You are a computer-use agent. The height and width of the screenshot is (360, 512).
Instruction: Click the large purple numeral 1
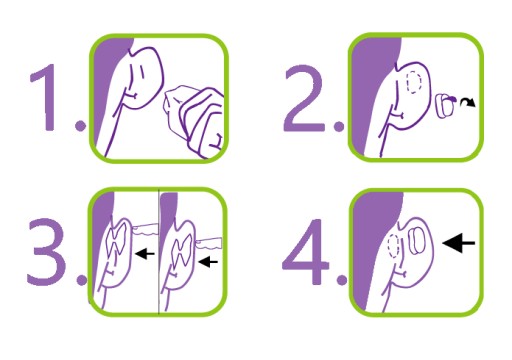point(46,97)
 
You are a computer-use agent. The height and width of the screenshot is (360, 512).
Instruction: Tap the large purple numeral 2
point(304,98)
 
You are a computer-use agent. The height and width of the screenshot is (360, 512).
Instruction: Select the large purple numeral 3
point(47,252)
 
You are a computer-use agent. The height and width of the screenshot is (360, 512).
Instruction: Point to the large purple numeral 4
point(305,252)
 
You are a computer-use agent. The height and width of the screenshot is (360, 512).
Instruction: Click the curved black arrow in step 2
point(468,102)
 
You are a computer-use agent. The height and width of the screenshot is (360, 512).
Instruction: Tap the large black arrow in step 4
point(459,243)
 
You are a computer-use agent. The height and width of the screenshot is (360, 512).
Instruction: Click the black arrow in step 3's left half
point(145,254)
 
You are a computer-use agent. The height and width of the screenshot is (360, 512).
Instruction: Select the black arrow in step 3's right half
point(208,261)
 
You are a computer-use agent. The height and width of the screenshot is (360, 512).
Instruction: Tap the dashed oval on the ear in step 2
point(414,82)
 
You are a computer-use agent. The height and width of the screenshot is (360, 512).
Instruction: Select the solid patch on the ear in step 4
point(416,241)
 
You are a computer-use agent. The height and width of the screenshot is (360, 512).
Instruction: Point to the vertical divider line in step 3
point(159,252)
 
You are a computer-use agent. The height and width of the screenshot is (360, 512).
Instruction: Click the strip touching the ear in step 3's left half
point(145,229)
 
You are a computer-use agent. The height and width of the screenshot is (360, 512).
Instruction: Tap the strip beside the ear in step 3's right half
point(209,243)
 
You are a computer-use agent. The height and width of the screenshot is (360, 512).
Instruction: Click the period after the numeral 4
point(342,279)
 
